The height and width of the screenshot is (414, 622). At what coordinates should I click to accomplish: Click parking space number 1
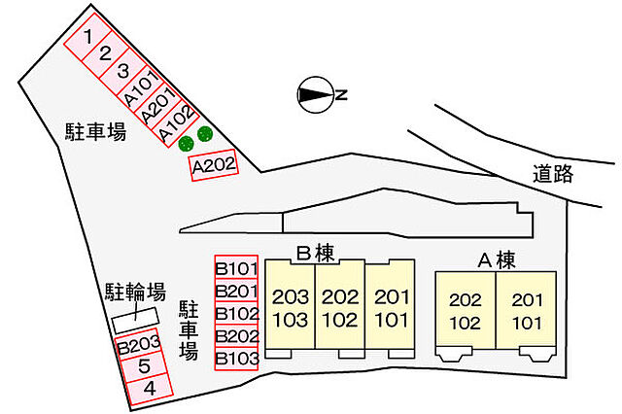(x=87, y=37)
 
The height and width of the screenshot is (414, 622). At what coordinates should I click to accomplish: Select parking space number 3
(x=122, y=71)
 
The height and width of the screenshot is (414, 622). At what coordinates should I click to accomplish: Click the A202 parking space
(x=214, y=165)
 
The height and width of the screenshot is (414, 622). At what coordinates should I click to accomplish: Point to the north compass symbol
(x=316, y=95)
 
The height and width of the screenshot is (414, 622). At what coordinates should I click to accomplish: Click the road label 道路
(x=553, y=173)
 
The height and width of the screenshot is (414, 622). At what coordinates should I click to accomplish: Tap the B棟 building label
(x=316, y=254)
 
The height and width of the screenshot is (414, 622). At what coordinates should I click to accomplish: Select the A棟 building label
(x=497, y=260)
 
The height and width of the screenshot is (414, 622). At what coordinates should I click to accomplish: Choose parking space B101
(x=236, y=267)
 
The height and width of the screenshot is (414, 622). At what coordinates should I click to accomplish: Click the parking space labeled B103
(x=236, y=359)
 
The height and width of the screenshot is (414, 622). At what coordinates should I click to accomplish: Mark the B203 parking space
(x=139, y=345)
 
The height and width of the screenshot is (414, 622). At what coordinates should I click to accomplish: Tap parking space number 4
(x=149, y=389)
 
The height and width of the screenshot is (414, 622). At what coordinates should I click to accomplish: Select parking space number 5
(x=144, y=366)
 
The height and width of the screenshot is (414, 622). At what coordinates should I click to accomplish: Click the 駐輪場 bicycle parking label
(x=135, y=292)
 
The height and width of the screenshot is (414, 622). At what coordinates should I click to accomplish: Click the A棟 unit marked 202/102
(x=466, y=311)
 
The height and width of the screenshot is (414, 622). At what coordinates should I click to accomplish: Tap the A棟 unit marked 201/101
(x=527, y=311)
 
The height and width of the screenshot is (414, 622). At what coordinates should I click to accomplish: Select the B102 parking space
(x=236, y=313)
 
